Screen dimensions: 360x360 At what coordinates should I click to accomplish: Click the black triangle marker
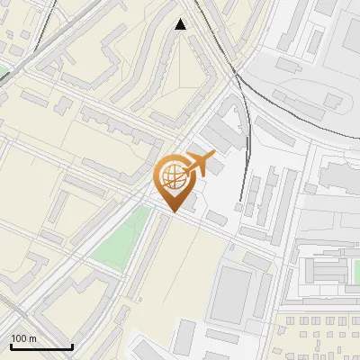point(181,24)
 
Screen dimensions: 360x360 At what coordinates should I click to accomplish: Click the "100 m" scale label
point(23,338)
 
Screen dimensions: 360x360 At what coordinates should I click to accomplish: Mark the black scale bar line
point(41,347)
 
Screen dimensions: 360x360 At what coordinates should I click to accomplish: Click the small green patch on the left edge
point(3,69)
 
